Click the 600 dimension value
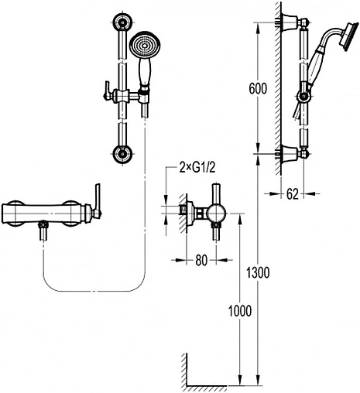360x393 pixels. [258, 89]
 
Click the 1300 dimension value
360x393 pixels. [258, 272]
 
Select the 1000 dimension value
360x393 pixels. [240, 311]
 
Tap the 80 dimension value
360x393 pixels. [201, 261]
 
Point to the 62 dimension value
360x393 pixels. [292, 194]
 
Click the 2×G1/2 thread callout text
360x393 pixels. [197, 168]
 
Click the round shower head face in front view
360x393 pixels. [145, 46]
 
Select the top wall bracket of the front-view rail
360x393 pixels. [123, 22]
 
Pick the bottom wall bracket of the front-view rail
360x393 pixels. [123, 154]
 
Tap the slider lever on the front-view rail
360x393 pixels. [108, 91]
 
